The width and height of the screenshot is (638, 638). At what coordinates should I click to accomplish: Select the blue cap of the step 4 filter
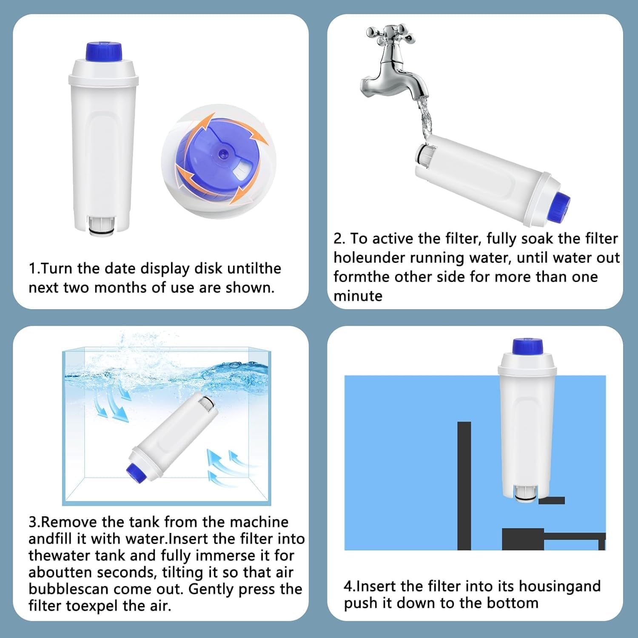pos(528,346)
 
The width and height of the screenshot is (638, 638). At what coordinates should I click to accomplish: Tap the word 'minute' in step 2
pos(358,296)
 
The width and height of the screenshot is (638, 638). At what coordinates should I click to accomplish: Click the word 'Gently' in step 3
pos(211,590)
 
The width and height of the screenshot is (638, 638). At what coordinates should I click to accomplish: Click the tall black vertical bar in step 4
pos(464,486)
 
